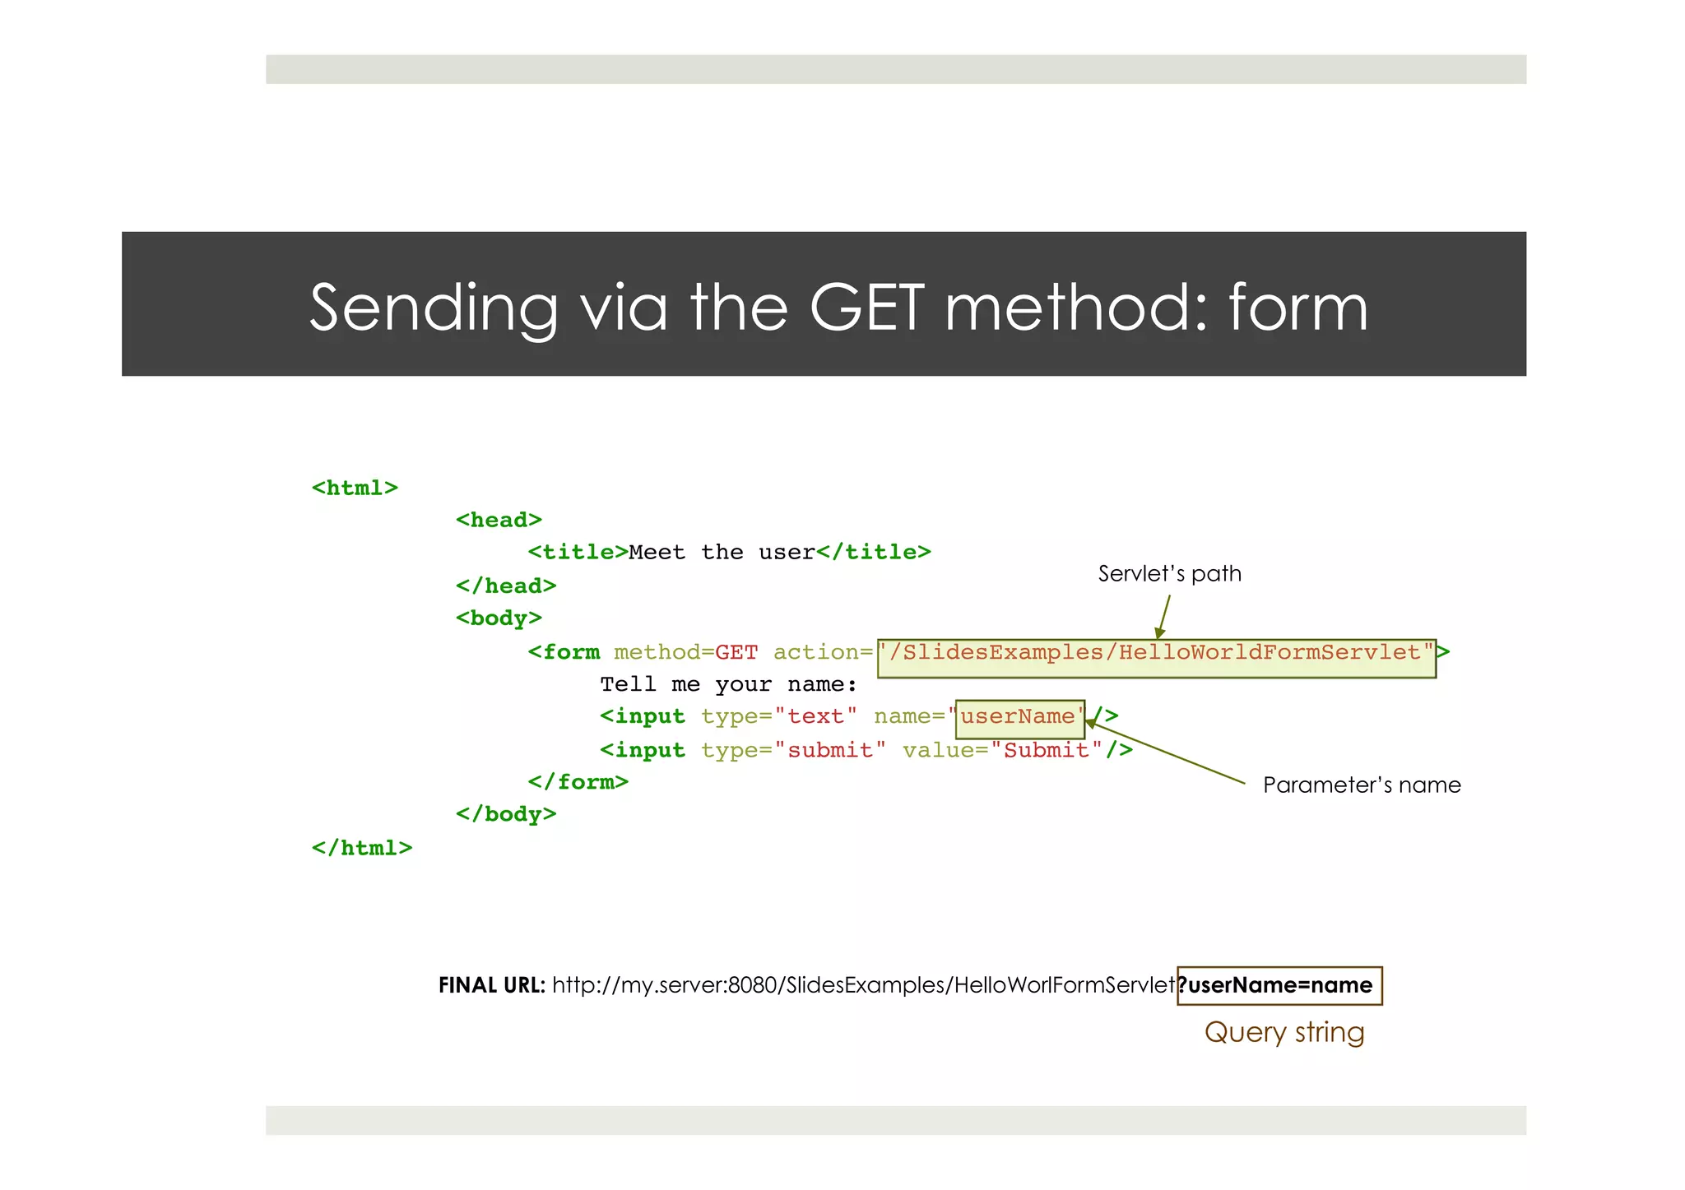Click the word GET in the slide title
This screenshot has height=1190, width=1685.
tap(867, 308)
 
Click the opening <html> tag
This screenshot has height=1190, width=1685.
tap(355, 489)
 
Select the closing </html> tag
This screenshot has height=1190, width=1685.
tap(362, 848)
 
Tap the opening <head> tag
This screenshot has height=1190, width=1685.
tap(499, 521)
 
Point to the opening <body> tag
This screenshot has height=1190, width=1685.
tap(499, 618)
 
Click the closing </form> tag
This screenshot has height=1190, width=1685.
tap(578, 782)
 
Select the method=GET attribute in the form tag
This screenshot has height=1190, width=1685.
tap(685, 653)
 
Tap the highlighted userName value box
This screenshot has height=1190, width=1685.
tap(1019, 718)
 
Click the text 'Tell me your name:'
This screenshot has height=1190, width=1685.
tap(728, 685)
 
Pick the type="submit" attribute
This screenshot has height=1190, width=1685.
tap(793, 751)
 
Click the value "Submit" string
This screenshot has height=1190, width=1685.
tap(1047, 751)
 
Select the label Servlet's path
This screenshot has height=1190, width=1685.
tap(1169, 574)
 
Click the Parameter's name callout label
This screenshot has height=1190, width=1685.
tap(1361, 785)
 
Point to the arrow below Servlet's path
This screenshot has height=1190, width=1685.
tap(1164, 616)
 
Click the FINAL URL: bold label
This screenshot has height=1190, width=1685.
tap(491, 985)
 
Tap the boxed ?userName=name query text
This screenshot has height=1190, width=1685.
tap(1279, 985)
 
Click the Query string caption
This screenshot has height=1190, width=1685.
tap(1283, 1033)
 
